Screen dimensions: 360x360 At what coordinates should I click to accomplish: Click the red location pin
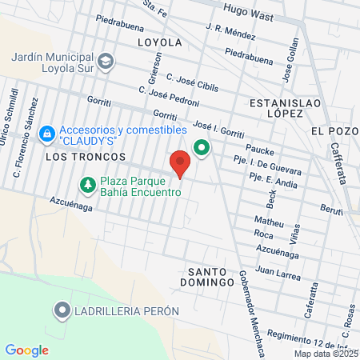pyautogui.click(x=181, y=162)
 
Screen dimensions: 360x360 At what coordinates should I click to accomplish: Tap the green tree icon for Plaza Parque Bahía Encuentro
pyautogui.click(x=86, y=186)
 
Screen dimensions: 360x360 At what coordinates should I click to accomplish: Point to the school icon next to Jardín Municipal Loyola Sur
pyautogui.click(x=106, y=61)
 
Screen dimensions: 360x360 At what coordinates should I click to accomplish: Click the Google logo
pyautogui.click(x=26, y=350)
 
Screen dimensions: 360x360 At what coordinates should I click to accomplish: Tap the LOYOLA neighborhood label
pyautogui.click(x=159, y=42)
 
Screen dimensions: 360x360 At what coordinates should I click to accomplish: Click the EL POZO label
pyautogui.click(x=330, y=131)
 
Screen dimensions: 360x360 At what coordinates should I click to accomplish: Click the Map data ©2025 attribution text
pyautogui.click(x=325, y=354)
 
